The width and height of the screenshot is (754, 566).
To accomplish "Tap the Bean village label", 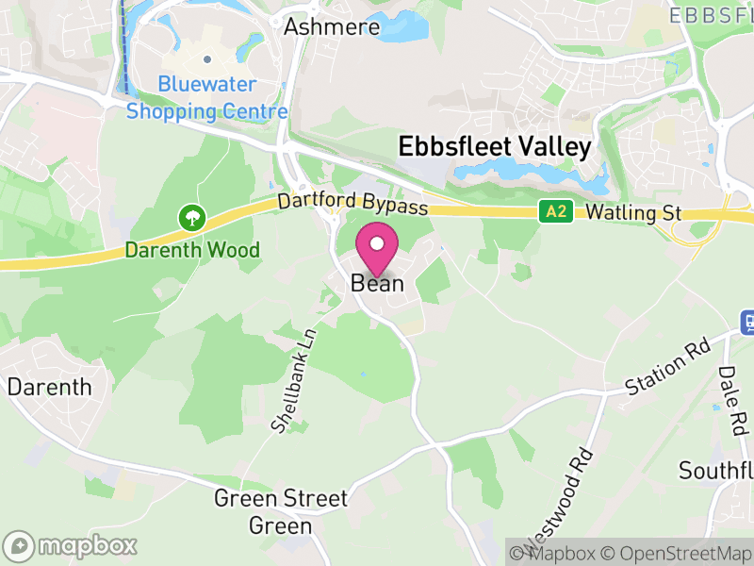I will click(x=377, y=282).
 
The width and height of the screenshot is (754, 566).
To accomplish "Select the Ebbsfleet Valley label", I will click(x=495, y=147).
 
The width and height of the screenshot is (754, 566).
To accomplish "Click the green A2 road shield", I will click(x=556, y=212).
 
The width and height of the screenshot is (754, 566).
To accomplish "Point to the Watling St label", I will click(x=633, y=212).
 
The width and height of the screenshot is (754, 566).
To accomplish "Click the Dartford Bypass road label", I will click(x=352, y=204).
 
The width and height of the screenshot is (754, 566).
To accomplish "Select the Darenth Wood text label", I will click(x=193, y=250).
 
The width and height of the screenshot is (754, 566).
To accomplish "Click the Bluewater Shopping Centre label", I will click(x=207, y=98).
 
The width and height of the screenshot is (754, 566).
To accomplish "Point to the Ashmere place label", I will click(x=332, y=25).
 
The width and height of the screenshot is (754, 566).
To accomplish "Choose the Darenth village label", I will click(x=50, y=387).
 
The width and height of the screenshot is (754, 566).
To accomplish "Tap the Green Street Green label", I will click(x=281, y=511).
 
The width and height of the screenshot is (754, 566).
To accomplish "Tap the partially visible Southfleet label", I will click(x=716, y=469).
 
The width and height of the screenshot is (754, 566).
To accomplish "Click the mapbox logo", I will click(x=72, y=545).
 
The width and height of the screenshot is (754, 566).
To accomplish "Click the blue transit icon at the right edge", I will click(x=747, y=322).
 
